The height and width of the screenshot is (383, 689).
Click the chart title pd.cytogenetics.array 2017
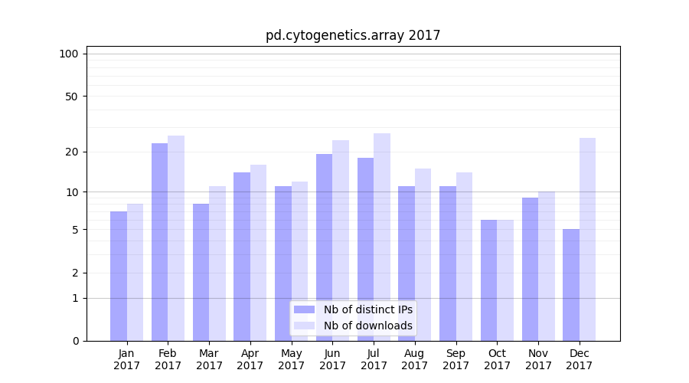353,35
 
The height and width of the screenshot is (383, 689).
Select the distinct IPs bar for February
159,242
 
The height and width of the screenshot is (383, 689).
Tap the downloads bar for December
587,239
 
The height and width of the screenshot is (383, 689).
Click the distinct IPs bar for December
571,285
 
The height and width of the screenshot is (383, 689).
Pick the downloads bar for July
381,237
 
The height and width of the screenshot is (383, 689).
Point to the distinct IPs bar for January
119,276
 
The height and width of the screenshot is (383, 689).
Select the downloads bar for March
217,264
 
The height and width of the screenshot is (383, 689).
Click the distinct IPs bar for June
324,247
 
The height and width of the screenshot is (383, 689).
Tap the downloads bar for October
505,280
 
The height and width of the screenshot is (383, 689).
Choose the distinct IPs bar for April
242,257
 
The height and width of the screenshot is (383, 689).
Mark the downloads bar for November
546,266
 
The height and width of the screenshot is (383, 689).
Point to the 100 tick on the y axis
69,54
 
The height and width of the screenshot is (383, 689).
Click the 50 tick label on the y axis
71,97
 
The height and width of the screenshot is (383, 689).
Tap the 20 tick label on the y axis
71,152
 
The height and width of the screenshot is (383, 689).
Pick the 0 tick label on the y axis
75,341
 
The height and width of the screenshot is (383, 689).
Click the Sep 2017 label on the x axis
456,359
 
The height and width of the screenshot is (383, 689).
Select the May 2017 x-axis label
291,359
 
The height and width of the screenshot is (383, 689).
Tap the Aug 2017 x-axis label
414,359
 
